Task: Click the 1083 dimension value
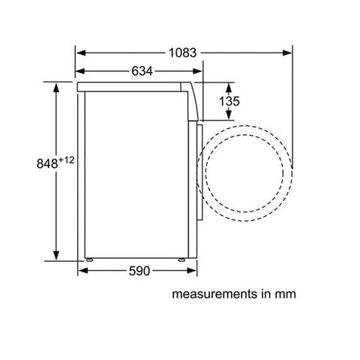pyautogui.click(x=182, y=53)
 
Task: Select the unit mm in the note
pyautogui.click(x=285, y=295)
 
